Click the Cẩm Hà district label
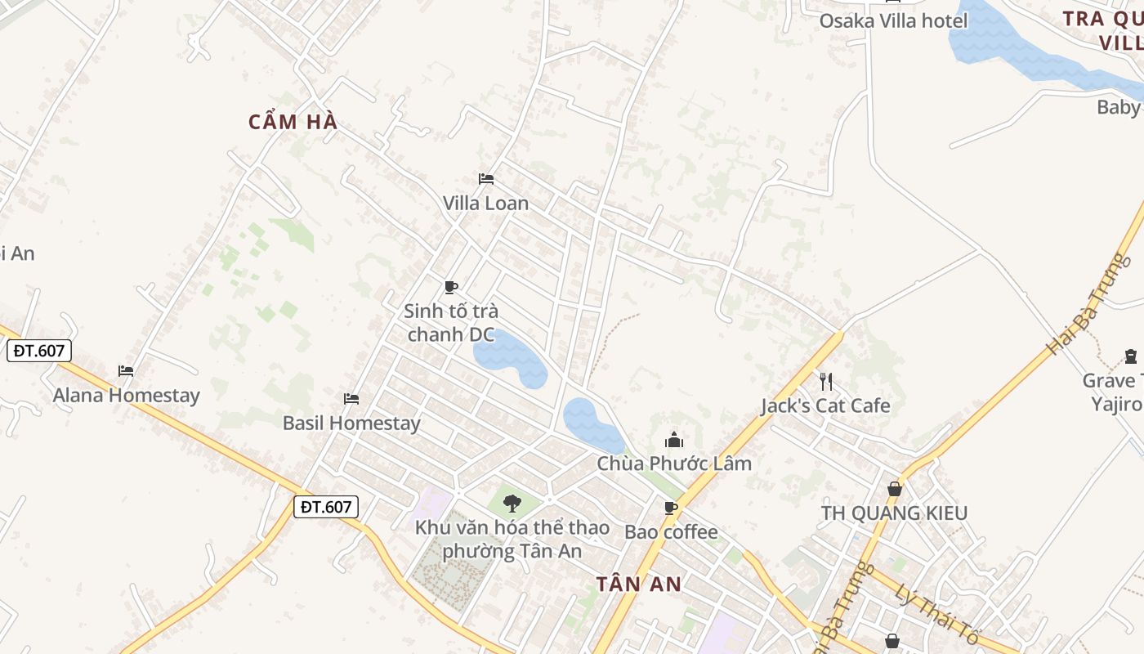tap(293, 122)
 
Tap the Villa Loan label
tap(485, 203)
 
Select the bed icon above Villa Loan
tap(486, 178)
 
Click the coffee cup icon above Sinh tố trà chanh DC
tap(450, 286)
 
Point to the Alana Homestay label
tap(127, 396)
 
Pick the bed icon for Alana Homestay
tap(126, 370)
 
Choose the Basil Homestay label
tap(351, 423)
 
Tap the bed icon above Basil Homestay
tap(351, 398)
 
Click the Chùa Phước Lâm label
tap(674, 464)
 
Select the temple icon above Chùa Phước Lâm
tap(674, 440)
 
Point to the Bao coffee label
tap(671, 532)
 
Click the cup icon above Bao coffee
tap(671, 508)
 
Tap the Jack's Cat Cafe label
tap(825, 405)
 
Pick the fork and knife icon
tap(826, 381)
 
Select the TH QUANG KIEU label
tap(894, 513)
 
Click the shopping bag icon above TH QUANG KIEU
tap(895, 489)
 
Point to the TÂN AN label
tap(638, 584)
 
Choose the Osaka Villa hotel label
tap(893, 20)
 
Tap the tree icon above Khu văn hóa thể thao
tap(512, 503)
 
